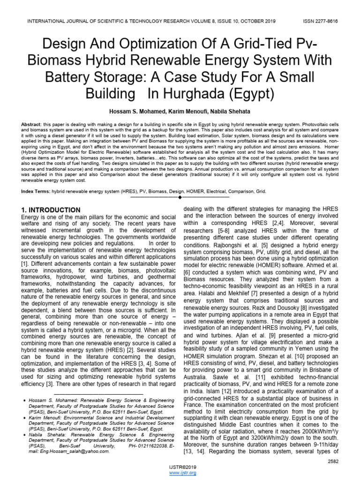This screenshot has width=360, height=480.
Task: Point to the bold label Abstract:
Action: click(x=32, y=124)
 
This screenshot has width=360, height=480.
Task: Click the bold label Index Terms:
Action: click(x=37, y=192)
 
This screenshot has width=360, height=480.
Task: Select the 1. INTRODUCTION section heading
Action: click(x=51, y=210)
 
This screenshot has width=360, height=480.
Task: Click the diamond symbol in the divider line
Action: click(x=180, y=198)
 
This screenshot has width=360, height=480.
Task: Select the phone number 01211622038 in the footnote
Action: click(x=142, y=446)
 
